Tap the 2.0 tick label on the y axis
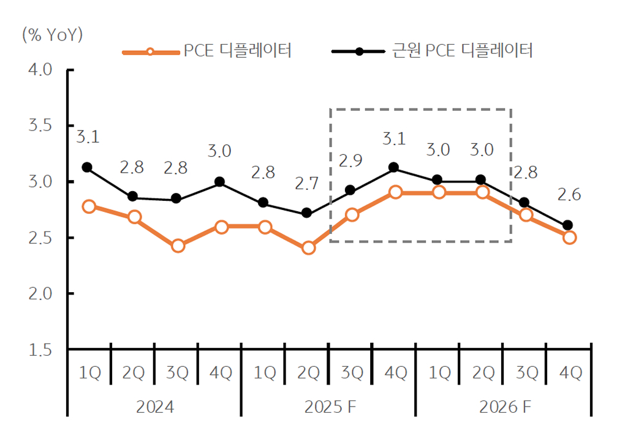click(x=42, y=294)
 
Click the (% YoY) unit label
click(x=51, y=34)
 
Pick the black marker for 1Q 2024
click(x=87, y=167)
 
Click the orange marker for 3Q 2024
click(x=178, y=246)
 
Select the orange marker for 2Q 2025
click(x=308, y=248)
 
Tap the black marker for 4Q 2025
click(x=394, y=167)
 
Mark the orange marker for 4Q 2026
click(x=569, y=237)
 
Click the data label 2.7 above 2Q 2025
click(x=308, y=183)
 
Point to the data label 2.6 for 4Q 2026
click(x=569, y=195)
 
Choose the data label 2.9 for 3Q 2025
click(x=350, y=161)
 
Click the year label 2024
click(x=154, y=407)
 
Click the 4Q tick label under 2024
click(x=221, y=373)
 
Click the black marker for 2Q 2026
click(x=481, y=180)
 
